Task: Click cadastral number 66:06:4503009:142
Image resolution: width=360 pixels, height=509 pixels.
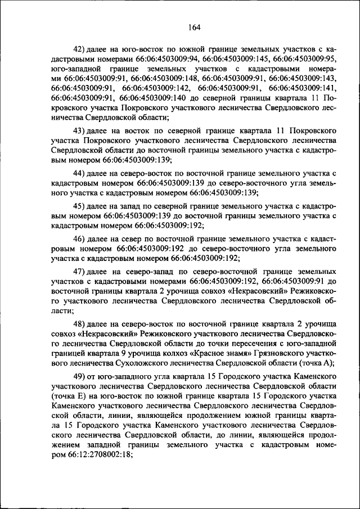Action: tap(156, 88)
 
